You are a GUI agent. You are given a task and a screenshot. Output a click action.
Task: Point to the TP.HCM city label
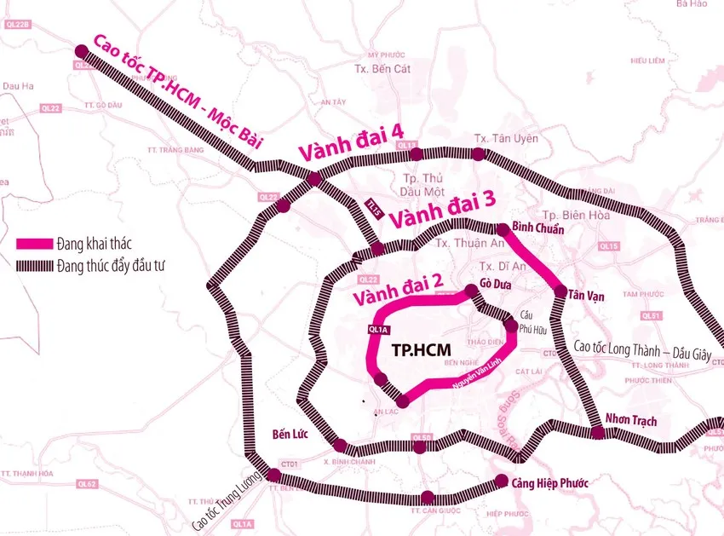[x=420, y=350]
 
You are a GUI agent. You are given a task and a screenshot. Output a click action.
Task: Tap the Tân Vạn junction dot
[x=560, y=293]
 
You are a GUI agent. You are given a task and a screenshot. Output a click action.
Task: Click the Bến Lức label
[x=288, y=432]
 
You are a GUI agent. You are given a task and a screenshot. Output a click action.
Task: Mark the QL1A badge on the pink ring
[x=377, y=328]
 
